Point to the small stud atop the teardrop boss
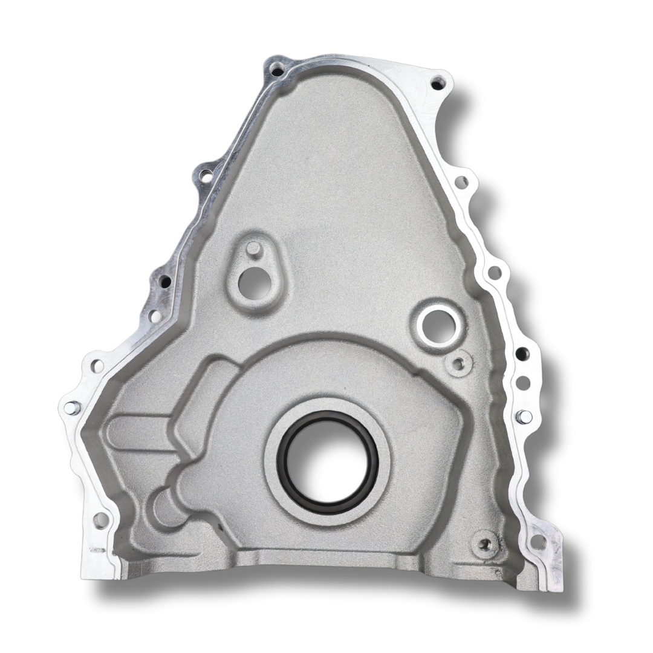pos(255,249)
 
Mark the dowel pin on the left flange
pos(71,408)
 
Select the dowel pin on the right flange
pos(524,416)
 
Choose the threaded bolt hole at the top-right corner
pos(437,83)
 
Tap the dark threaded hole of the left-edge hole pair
pos(164,282)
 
